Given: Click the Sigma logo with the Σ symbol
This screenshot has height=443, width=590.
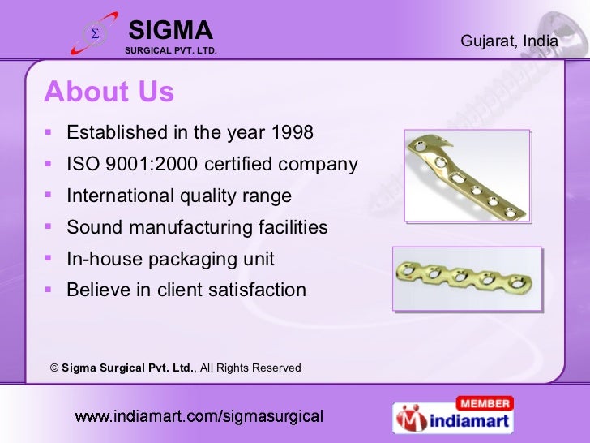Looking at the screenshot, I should point(94,34).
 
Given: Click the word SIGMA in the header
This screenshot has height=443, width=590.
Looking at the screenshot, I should point(170,31).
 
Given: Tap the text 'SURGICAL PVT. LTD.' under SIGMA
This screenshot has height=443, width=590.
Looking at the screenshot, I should point(170,50).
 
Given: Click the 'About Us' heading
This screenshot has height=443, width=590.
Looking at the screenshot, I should point(109,92).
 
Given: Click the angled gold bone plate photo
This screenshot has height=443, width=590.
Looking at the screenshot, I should point(467,175).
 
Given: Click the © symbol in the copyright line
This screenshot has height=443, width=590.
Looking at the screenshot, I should point(54,368).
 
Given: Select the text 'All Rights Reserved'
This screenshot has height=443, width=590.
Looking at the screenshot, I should point(250,368).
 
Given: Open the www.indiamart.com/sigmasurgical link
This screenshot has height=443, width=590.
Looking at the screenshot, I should point(199,417).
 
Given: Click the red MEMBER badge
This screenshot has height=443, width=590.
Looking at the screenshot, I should point(484,403).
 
